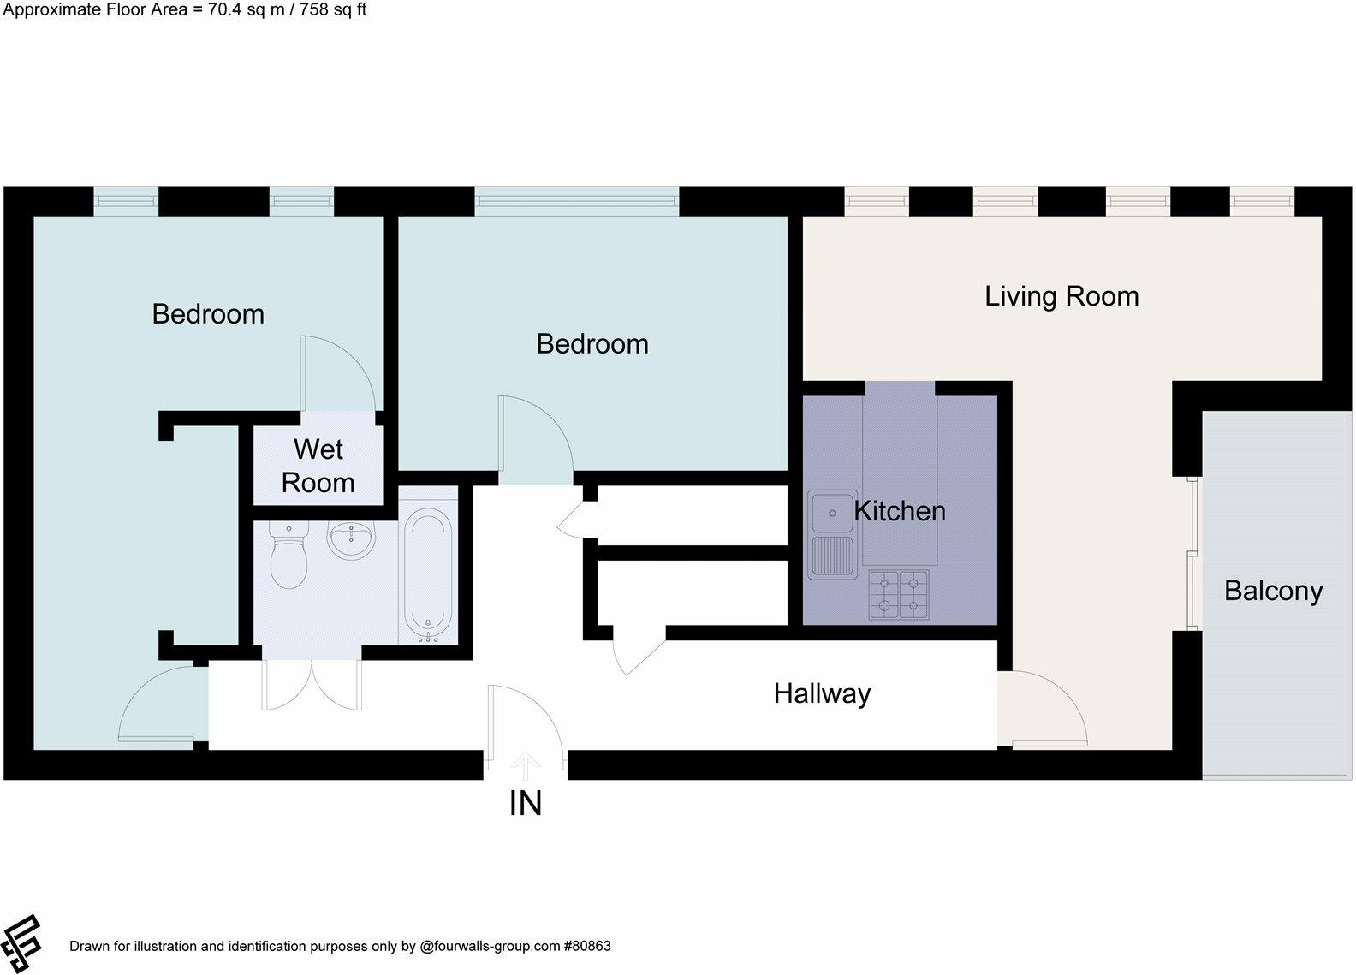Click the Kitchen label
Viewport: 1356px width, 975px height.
pos(900,511)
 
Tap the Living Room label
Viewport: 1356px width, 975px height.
pos(1062,296)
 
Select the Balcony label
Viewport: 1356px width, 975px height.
pos(1273,591)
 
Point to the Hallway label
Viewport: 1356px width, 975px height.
pos(822,693)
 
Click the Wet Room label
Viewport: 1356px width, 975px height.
pos(318,466)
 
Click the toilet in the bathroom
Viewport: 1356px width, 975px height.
pos(288,557)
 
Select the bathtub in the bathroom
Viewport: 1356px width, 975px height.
pos(426,575)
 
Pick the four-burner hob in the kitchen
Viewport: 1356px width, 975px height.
pos(899,594)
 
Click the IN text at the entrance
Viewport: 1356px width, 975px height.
pos(525,803)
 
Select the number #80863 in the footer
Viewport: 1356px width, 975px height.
pos(586,947)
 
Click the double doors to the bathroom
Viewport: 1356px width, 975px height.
pos(312,684)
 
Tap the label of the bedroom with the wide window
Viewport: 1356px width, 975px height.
pos(592,344)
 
